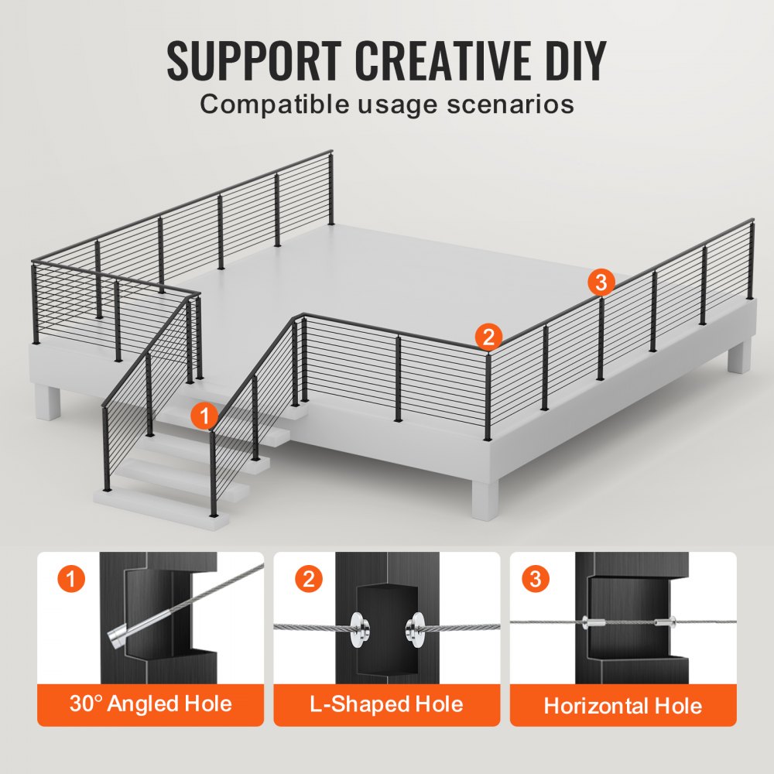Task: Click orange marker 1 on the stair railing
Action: [204, 416]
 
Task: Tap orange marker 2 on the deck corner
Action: [488, 336]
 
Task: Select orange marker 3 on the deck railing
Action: [601, 282]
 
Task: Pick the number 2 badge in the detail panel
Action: [308, 579]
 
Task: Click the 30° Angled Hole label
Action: [150, 704]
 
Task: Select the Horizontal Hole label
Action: [623, 705]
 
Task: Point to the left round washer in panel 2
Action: [358, 627]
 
